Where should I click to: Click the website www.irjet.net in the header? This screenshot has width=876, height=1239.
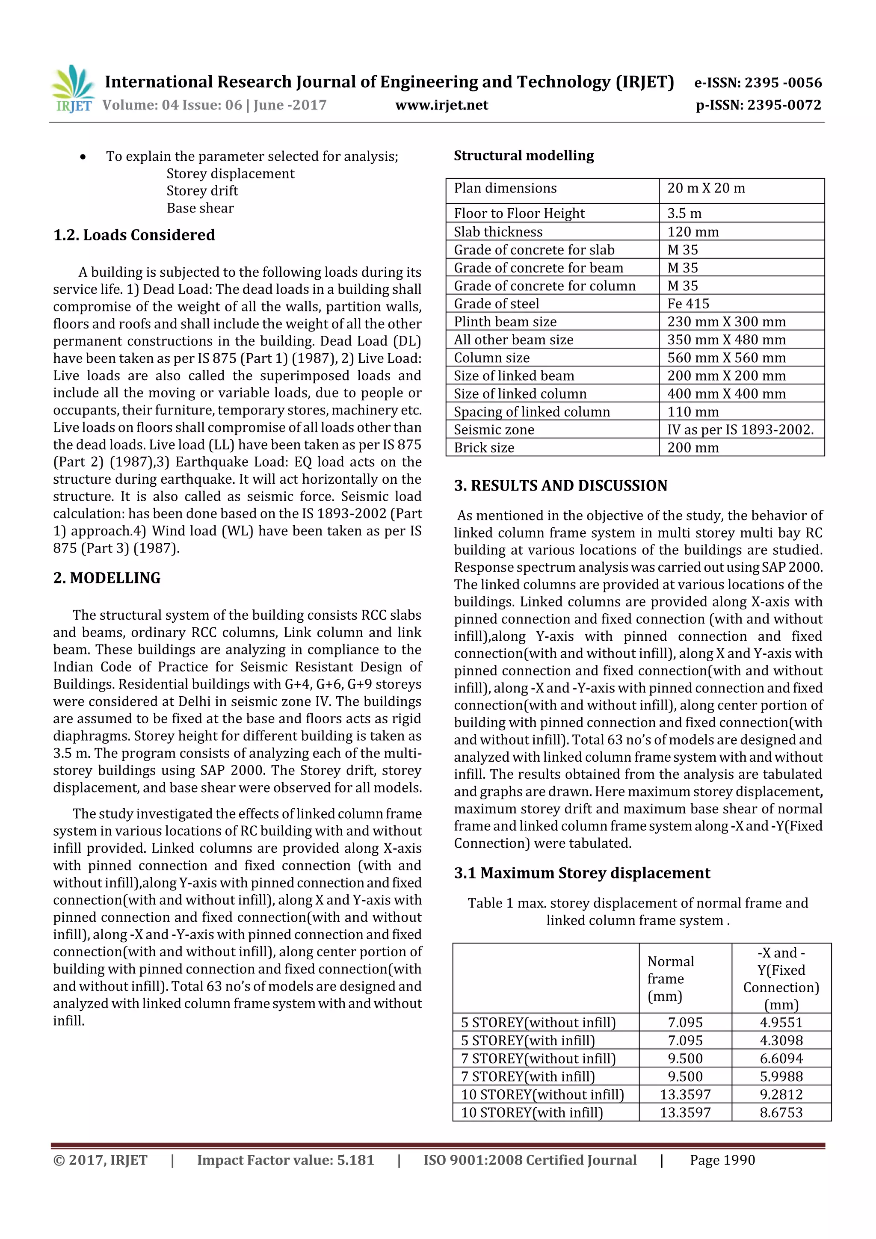coord(441,105)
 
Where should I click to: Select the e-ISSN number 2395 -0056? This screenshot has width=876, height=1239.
coord(783,83)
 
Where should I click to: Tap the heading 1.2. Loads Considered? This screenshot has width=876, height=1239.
coord(134,235)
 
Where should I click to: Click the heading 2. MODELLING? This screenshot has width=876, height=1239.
coord(107,578)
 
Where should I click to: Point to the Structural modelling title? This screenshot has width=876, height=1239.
coord(524,156)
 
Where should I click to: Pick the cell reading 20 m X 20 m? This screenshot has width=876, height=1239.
coord(706,188)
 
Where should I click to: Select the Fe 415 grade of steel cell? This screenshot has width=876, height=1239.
coord(688,304)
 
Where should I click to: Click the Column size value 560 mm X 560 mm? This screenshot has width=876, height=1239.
coord(726,358)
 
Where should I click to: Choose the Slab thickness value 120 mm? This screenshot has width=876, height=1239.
coord(693,232)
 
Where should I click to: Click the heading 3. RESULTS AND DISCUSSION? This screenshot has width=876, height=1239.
coord(560,486)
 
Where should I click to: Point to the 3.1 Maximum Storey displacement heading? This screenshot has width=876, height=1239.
coord(582,873)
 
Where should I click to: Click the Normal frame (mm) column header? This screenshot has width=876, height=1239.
coord(670,979)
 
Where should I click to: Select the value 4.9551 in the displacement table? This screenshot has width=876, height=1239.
coord(781,1023)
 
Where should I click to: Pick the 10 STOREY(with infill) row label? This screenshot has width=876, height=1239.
coord(532,1113)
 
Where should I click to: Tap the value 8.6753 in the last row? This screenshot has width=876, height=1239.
coord(781,1113)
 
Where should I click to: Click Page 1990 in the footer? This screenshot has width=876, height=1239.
coord(722,1160)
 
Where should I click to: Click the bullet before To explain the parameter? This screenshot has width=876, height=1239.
coord(83,157)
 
